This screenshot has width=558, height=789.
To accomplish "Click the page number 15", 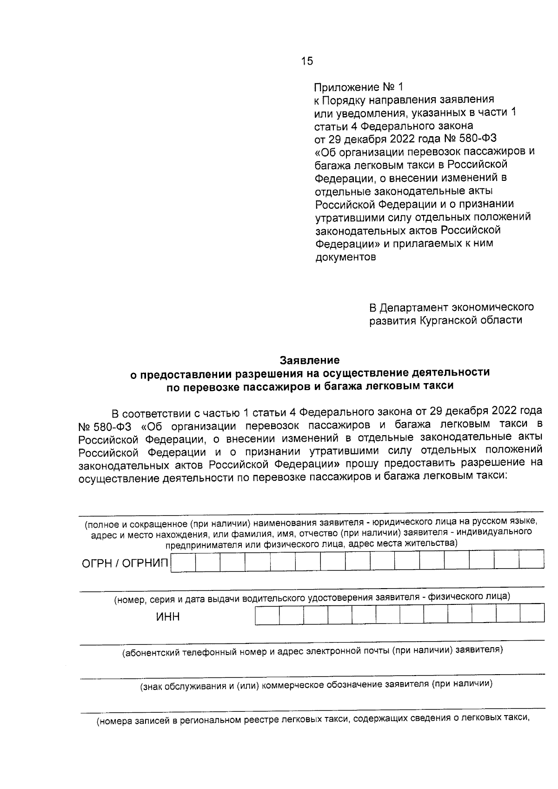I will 307,61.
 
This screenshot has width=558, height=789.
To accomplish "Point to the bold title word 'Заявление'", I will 309,360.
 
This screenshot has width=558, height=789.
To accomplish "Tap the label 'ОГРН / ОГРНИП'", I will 125,564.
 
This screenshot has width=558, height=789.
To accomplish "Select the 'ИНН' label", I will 168,617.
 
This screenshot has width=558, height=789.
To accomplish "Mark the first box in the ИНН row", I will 267,614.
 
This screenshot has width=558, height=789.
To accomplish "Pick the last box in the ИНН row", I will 532,614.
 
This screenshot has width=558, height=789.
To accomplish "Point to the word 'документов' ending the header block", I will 345,257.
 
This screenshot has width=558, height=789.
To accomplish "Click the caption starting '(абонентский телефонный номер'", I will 312,651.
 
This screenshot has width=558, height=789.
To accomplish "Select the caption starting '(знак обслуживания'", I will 317,684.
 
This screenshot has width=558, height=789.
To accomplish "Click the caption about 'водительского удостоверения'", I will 312,597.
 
